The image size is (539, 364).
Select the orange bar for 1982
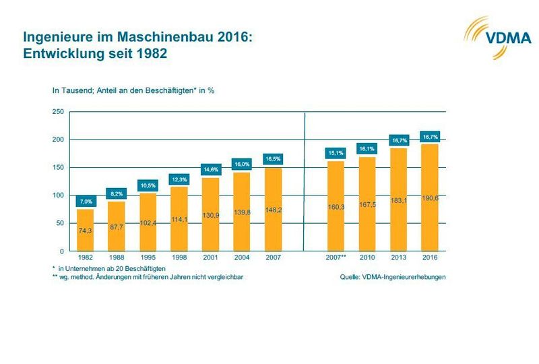click(86, 230)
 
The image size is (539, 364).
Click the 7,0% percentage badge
click(86, 202)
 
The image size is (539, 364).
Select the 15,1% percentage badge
click(336, 152)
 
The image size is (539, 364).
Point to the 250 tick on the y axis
click(58, 112)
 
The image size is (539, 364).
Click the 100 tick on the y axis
click(58, 195)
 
